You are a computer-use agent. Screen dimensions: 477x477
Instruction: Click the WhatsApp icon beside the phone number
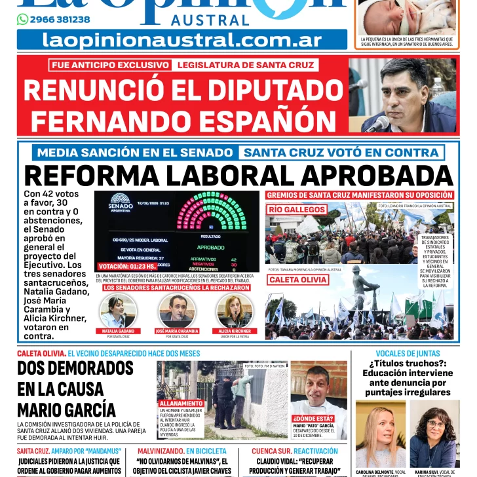pos(22,20)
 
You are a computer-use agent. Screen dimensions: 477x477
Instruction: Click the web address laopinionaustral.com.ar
pos(182,39)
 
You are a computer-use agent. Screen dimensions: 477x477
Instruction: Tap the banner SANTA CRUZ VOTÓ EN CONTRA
pos(341,153)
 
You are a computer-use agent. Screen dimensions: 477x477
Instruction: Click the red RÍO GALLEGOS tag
pos(297,210)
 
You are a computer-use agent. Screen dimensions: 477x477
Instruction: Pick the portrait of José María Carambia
pos(176,311)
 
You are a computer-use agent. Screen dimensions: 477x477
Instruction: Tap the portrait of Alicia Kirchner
pos(234,311)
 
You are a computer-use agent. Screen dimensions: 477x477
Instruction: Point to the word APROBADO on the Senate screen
pos(210,247)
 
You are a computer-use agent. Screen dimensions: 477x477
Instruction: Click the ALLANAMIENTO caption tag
pos(181,403)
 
